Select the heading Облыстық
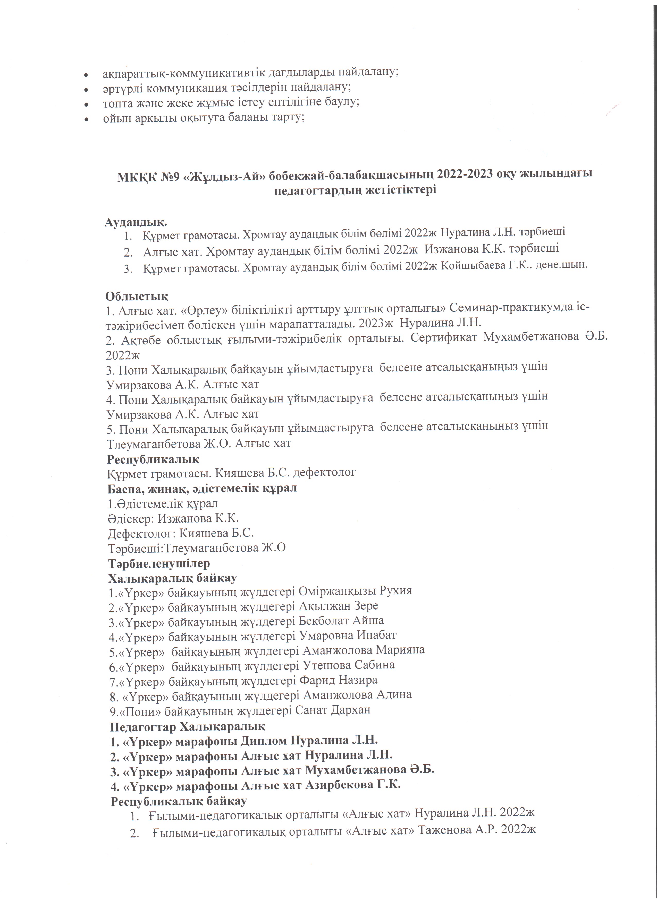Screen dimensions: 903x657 click(137, 296)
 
